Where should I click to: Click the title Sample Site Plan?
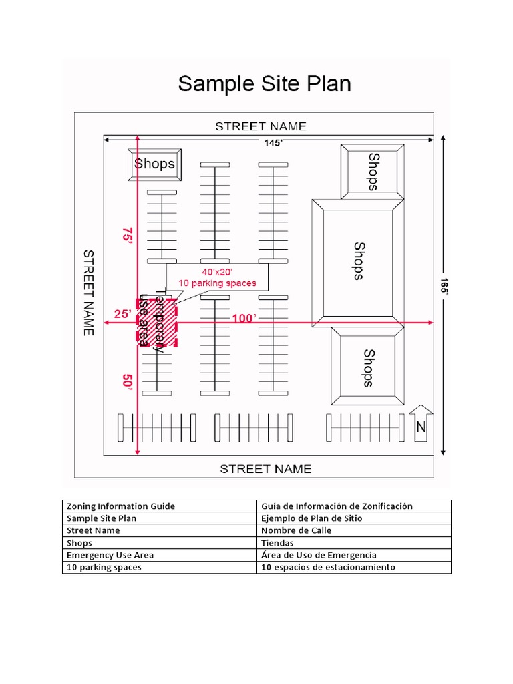265,83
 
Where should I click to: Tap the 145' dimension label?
273,143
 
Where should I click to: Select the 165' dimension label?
444,286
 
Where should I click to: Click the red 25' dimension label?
123,314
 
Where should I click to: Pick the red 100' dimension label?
244,318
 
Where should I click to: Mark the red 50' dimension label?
127,381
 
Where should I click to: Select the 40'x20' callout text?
217,272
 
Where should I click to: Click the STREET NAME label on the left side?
89,293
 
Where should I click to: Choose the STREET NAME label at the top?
261,126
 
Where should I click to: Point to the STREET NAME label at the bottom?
266,469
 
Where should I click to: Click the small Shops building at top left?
154,164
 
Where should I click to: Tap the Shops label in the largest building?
359,261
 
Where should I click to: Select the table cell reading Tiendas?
354,543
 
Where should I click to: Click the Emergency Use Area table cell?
160,555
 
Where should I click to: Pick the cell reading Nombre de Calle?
354,530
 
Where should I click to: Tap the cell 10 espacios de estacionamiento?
354,568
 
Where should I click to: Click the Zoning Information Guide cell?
160,506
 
